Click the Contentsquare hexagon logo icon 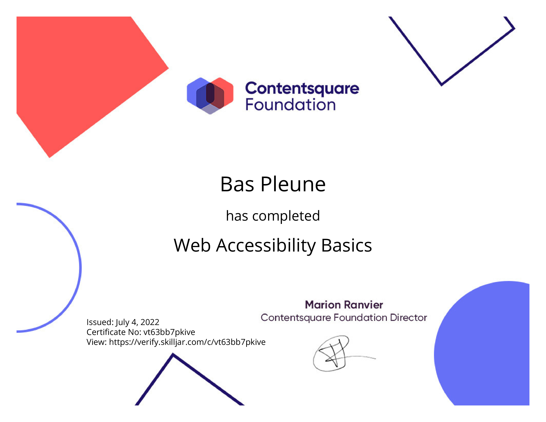click(210, 96)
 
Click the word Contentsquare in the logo click(302, 89)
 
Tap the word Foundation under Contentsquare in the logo click(291, 104)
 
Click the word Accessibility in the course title click(266, 246)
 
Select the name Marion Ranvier click(344, 305)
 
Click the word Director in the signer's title click(409, 318)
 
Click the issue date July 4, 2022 click(137, 322)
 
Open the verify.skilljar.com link click(187, 342)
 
